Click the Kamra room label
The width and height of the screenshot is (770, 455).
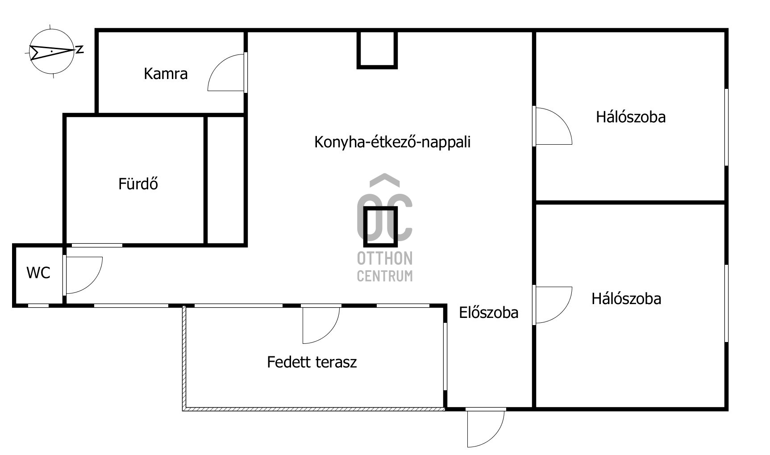click(x=166, y=74)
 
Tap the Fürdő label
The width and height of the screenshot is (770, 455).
click(x=138, y=184)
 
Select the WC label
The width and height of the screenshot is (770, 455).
click(x=38, y=273)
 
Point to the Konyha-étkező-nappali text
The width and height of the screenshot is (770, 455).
click(x=392, y=142)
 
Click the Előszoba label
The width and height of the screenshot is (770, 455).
click(x=489, y=313)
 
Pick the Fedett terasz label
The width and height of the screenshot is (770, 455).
click(x=312, y=362)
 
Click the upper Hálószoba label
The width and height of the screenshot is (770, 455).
click(x=631, y=117)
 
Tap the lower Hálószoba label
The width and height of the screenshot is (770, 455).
click(x=626, y=299)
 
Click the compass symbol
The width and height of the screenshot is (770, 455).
click(x=51, y=51)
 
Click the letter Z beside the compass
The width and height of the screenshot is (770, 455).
click(x=79, y=50)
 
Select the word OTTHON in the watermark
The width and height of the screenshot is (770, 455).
click(x=385, y=258)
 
